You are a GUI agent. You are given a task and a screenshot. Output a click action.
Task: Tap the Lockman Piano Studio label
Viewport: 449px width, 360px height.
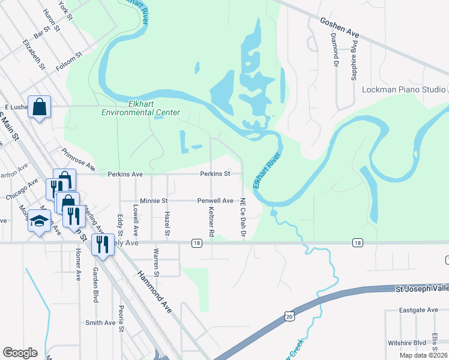[404, 89]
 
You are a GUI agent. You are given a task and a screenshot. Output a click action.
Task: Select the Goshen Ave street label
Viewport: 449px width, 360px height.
[340, 28]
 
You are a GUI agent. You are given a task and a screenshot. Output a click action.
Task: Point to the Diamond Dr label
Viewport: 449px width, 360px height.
[334, 49]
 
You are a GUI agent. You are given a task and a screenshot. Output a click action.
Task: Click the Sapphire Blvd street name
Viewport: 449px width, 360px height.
[354, 61]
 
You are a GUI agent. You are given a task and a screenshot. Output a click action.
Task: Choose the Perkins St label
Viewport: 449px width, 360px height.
[215, 174]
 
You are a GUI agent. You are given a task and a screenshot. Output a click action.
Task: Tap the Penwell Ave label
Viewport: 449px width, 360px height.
[215, 200]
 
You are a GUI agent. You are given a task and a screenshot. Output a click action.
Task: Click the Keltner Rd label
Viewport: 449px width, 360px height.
[211, 220]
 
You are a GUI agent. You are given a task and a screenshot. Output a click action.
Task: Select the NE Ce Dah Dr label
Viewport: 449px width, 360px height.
[243, 218]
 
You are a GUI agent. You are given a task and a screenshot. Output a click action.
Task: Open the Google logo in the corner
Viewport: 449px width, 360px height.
[20, 353]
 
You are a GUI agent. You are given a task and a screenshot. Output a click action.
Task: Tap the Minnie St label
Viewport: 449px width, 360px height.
[153, 200]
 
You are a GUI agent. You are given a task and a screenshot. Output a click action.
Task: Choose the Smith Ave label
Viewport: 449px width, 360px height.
[100, 322]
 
